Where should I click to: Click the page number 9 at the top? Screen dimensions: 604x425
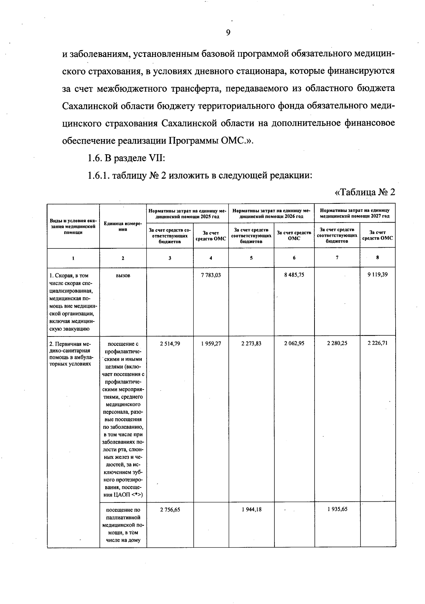click(x=228, y=33)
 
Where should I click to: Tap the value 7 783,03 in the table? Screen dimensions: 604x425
click(x=211, y=275)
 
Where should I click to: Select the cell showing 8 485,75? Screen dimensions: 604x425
click(x=294, y=275)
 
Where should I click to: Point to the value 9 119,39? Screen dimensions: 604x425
click(x=378, y=274)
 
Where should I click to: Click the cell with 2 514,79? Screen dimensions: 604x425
click(x=170, y=343)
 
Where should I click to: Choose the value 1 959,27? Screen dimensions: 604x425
click(x=211, y=343)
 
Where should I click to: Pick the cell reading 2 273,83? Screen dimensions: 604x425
click(x=251, y=343)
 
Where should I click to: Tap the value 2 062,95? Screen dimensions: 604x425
click(x=294, y=343)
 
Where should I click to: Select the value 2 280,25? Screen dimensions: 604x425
click(x=337, y=343)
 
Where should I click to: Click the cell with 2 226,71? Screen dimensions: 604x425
click(x=378, y=343)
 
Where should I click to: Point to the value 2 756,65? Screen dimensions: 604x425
click(x=170, y=510)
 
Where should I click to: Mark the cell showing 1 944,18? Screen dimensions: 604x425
click(x=251, y=510)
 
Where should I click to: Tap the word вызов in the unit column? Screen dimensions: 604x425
click(x=123, y=276)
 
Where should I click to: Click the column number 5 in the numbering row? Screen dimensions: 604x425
click(x=251, y=258)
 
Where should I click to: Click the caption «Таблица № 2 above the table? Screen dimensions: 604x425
click(x=364, y=192)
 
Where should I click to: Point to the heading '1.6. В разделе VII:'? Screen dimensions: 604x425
click(x=126, y=158)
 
